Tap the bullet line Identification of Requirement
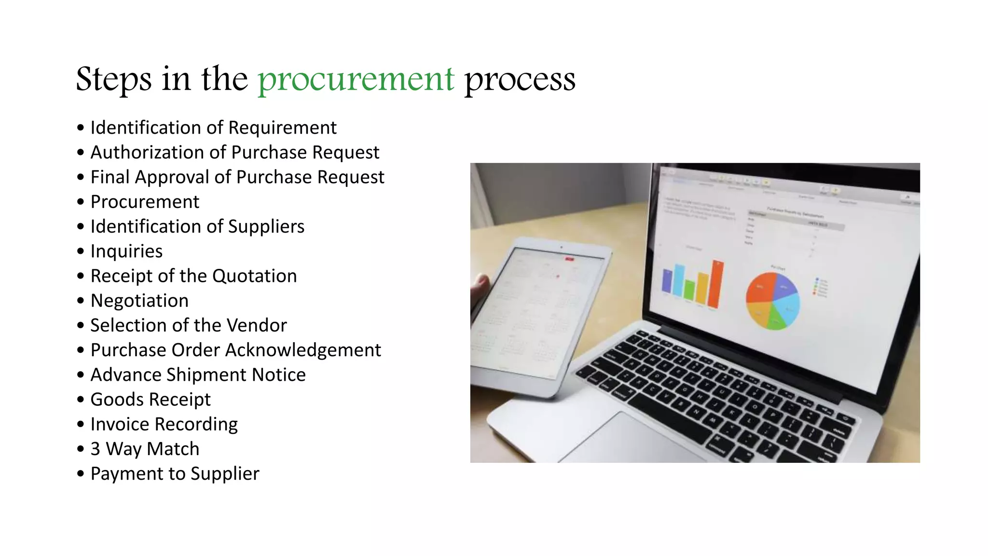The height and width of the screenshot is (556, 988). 213,128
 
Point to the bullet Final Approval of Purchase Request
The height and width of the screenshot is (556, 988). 237,177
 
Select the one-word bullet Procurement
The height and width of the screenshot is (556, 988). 145,202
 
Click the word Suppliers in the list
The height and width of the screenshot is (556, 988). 266,226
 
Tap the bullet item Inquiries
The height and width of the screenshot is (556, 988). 126,251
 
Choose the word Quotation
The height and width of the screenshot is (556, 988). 254,276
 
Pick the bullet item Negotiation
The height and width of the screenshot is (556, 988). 139,301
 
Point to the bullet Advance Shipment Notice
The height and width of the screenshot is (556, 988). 198,375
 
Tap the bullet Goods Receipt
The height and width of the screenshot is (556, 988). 151,400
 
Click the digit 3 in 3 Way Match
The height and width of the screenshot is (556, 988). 96,449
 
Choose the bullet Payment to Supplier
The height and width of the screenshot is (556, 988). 175,473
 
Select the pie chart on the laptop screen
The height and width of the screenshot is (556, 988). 772,301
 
